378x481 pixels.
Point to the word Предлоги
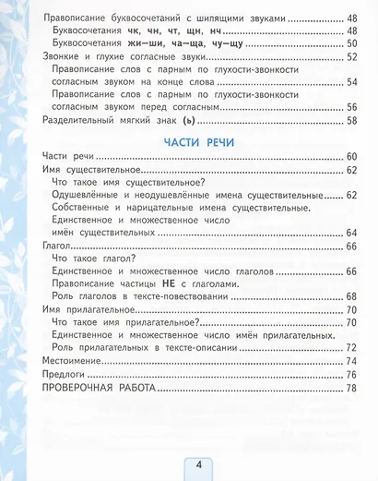(66, 376)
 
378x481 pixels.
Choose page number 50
(350, 42)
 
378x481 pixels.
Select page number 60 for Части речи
(350, 157)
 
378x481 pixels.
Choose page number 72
(350, 347)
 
